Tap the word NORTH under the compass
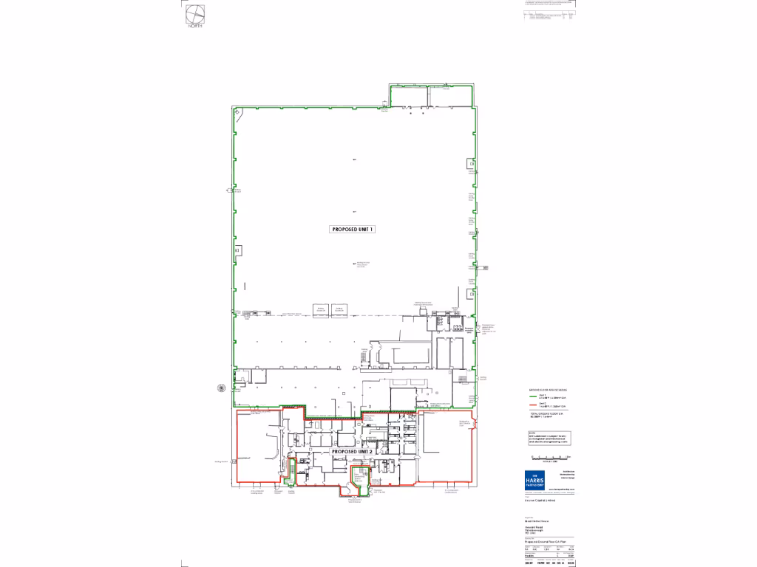[x=194, y=26]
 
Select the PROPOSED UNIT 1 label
[x=353, y=230]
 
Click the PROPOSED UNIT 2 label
[x=356, y=451]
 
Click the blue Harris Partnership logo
[x=534, y=479]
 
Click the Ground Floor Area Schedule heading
[x=548, y=389]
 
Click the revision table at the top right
[x=548, y=16]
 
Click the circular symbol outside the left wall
[x=220, y=386]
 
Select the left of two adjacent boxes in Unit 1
[x=321, y=309]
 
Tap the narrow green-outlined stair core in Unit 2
[x=291, y=472]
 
